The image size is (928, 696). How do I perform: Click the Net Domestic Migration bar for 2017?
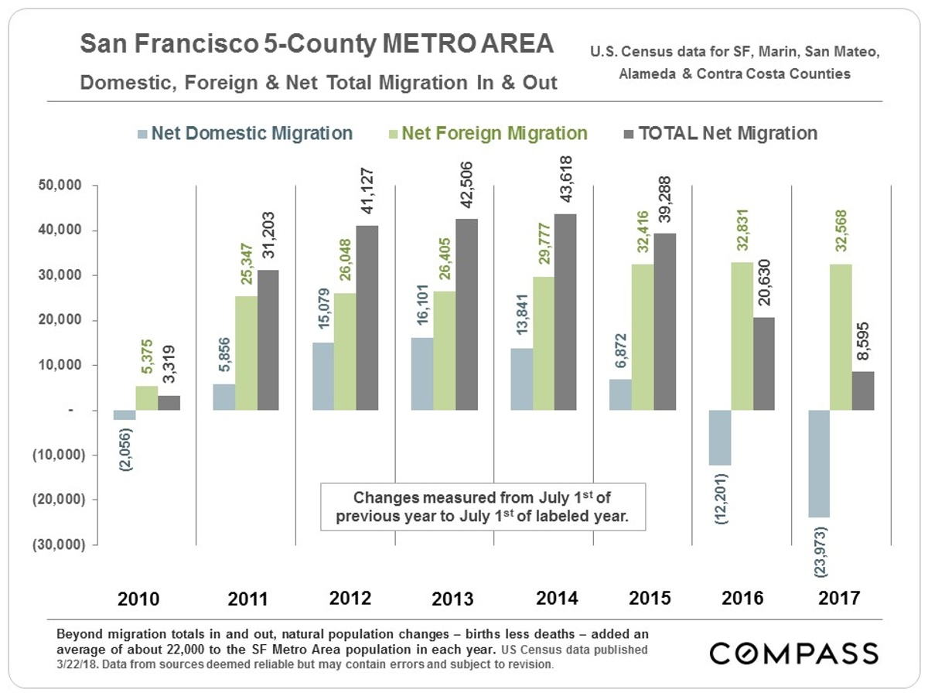[819, 463]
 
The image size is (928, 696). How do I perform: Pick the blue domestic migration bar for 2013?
[421, 374]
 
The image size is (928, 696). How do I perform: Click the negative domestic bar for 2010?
[125, 415]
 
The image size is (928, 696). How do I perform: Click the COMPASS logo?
[794, 653]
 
